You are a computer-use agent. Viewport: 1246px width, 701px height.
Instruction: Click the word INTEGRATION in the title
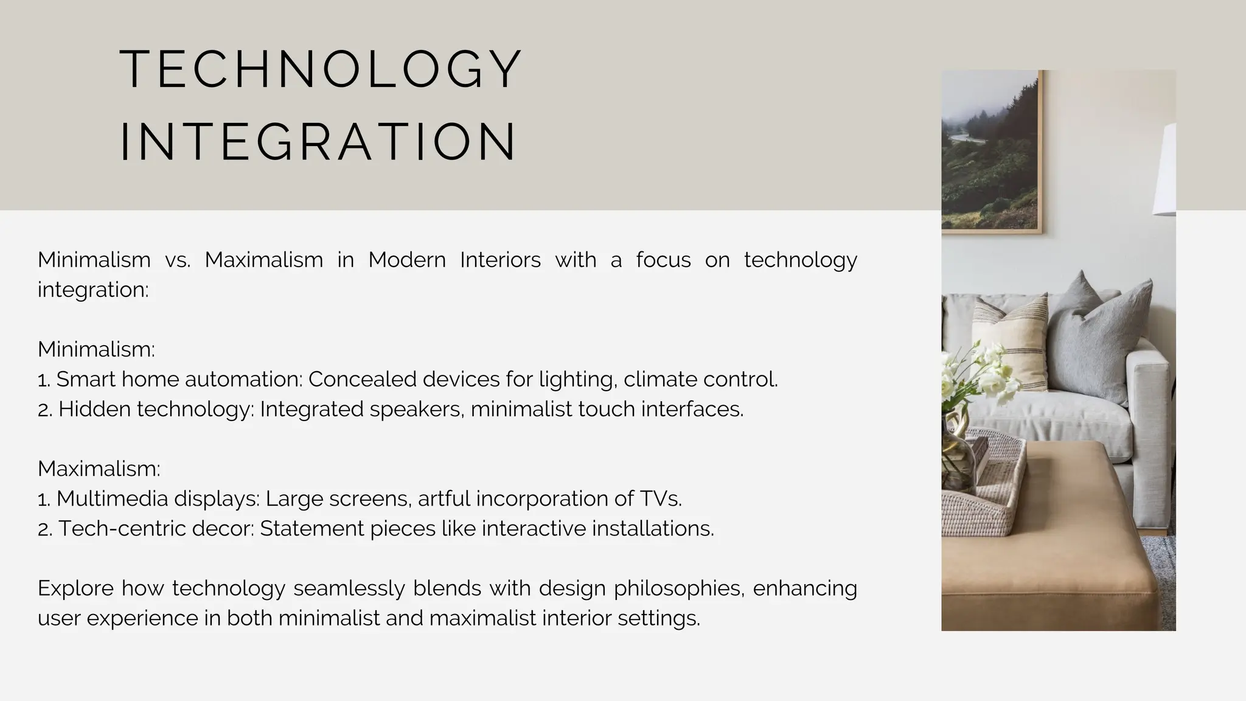coord(318,142)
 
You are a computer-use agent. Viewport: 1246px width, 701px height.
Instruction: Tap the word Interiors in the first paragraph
coord(500,260)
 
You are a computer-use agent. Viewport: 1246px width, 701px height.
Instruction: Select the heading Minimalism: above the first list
coord(96,349)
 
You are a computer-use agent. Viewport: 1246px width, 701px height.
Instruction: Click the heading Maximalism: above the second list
coord(99,469)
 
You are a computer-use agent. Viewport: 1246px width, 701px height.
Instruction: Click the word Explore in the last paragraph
coord(75,588)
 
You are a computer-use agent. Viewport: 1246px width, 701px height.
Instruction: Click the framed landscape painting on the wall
coord(992,152)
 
